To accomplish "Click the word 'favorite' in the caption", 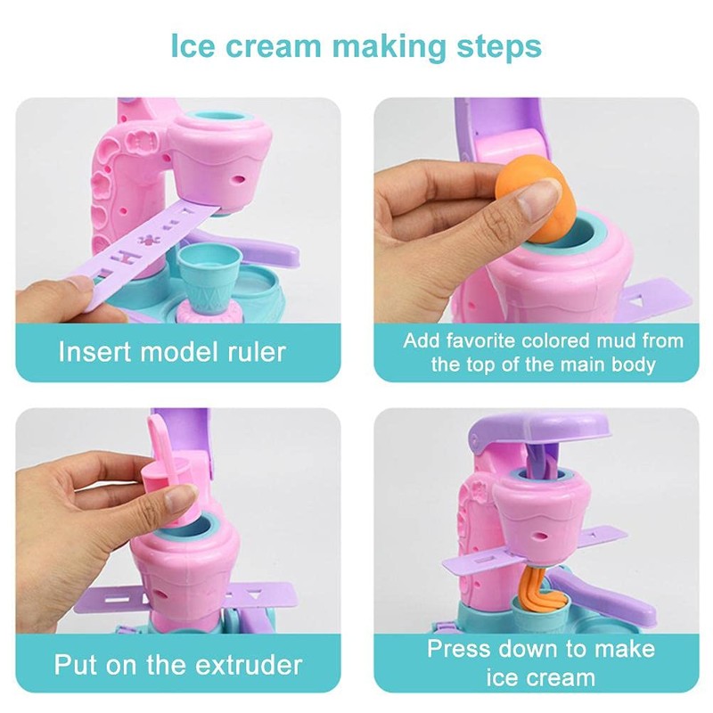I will [x=495, y=340].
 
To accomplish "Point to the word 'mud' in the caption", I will [x=618, y=340].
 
